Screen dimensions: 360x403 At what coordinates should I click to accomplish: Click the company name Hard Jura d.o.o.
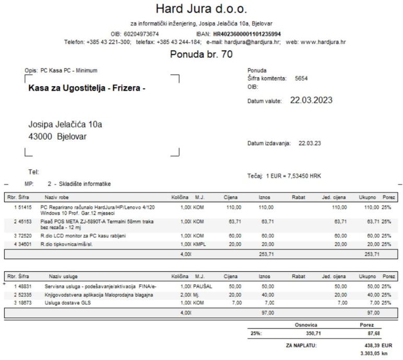click(x=201, y=9)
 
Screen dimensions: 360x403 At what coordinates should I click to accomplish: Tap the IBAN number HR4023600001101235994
click(x=247, y=34)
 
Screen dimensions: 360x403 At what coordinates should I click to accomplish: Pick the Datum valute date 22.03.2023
click(x=312, y=100)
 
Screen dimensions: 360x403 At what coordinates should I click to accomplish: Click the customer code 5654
click(x=302, y=78)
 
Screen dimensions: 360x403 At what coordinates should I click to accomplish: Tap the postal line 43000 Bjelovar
click(x=57, y=137)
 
